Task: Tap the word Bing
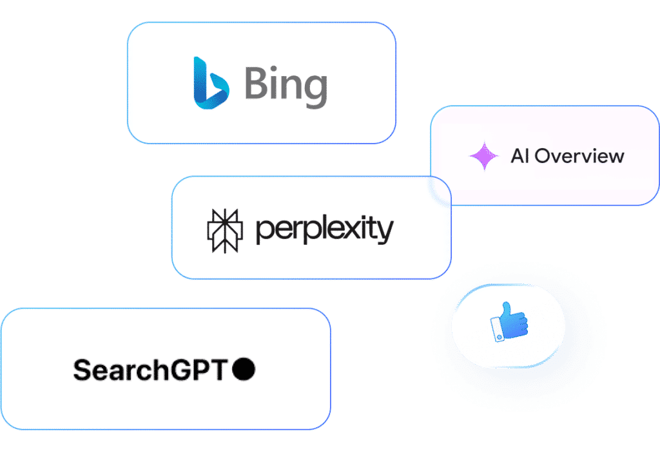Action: (x=286, y=87)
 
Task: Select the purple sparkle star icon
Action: (x=484, y=156)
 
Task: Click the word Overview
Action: (x=579, y=156)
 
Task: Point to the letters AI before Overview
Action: (x=520, y=156)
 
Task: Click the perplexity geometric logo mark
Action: (x=225, y=231)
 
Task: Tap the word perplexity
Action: (x=325, y=229)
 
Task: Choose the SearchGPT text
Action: (x=150, y=370)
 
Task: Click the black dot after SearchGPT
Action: (x=244, y=369)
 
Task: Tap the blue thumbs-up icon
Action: (x=509, y=321)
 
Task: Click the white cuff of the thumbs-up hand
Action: (x=497, y=330)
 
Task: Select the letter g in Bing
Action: (x=315, y=91)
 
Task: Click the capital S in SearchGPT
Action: (x=83, y=370)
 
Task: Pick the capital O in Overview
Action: (x=543, y=156)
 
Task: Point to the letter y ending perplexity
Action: (x=385, y=232)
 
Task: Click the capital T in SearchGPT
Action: (x=219, y=370)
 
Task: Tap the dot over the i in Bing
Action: (x=273, y=68)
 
